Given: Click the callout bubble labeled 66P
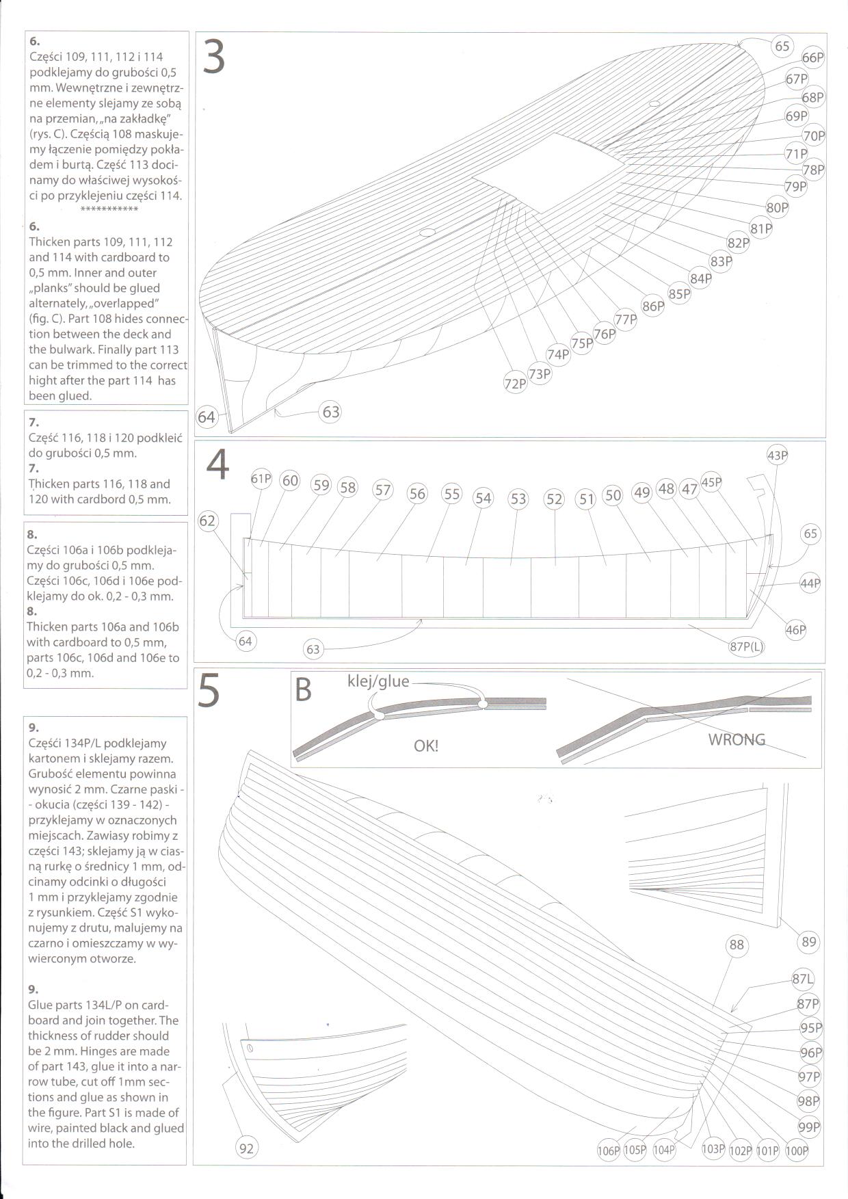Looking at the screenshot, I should click(x=812, y=58).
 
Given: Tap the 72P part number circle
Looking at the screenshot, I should click(x=516, y=384).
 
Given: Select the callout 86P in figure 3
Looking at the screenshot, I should click(x=653, y=306).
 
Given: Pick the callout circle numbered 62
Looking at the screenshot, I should click(x=207, y=521).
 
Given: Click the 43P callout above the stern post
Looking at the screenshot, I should click(x=778, y=456).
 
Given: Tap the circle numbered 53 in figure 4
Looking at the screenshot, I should click(x=518, y=499).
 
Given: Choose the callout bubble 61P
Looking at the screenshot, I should click(x=261, y=479).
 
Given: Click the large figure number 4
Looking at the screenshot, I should click(x=217, y=466).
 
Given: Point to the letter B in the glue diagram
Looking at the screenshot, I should click(x=302, y=690).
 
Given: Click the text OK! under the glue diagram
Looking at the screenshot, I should click(x=426, y=746).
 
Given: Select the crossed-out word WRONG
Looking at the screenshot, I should click(x=737, y=739).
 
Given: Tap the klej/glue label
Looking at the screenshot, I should click(x=378, y=681).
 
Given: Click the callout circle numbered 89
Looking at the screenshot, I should click(x=809, y=942).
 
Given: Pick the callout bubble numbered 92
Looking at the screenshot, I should click(x=246, y=1148).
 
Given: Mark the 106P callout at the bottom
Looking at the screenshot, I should click(x=608, y=1150).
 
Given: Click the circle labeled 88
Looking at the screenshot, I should click(x=737, y=945).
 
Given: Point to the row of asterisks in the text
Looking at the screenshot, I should click(x=109, y=208).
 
